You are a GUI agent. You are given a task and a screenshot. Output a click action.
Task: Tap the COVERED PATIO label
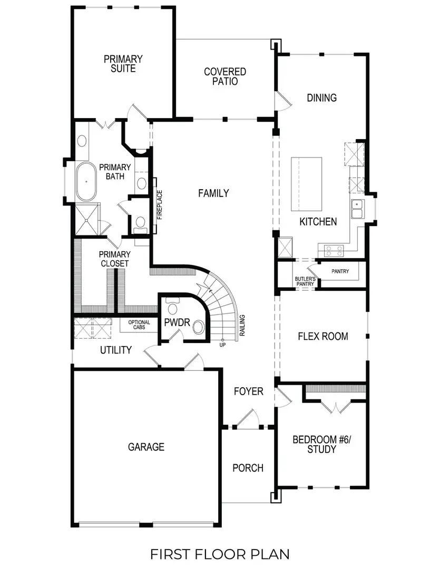(x=225, y=76)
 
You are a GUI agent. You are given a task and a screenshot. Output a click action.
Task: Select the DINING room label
(x=321, y=97)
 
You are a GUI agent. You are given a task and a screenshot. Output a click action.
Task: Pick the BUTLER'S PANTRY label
(x=305, y=281)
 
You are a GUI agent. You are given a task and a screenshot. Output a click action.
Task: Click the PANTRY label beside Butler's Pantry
(x=341, y=271)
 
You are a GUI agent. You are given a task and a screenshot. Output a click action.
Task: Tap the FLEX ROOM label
(x=322, y=336)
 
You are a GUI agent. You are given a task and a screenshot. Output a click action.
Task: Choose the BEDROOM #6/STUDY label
(x=314, y=444)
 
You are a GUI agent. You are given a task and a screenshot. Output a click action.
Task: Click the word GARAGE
(x=146, y=447)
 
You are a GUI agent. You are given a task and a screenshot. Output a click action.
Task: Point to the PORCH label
(x=248, y=468)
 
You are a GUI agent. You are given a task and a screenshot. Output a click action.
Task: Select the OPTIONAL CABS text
(x=139, y=325)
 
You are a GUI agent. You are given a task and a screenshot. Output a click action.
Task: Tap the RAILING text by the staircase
(x=242, y=325)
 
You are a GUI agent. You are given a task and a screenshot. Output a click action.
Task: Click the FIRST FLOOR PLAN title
(x=220, y=554)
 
